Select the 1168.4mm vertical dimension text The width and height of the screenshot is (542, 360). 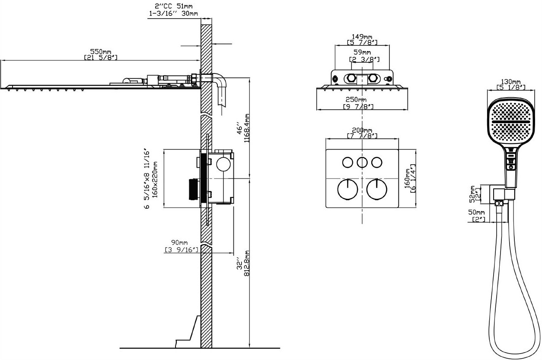pos(247,128)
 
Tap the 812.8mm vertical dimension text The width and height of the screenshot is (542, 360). pos(247,264)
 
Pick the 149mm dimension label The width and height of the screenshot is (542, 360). pos(362,37)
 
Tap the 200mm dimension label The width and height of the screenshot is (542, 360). pos(362,130)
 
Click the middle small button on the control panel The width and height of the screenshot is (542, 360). pos(362,162)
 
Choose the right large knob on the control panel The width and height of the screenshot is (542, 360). pos(377,189)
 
